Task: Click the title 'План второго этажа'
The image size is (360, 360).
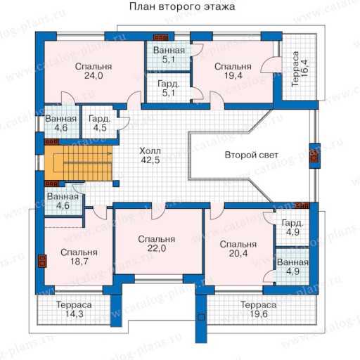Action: click(182, 6)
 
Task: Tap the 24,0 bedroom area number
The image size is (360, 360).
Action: click(94, 76)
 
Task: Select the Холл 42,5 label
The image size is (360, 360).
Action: click(150, 155)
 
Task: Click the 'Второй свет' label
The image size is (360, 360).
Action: click(252, 155)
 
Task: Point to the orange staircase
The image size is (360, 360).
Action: click(78, 163)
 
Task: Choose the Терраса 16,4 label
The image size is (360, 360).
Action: click(300, 69)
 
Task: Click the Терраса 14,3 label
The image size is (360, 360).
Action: click(74, 309)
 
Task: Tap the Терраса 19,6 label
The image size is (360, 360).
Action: click(259, 309)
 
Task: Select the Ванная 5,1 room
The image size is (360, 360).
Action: click(169, 56)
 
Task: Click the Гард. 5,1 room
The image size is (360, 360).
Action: click(169, 88)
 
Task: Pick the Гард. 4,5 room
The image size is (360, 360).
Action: click(99, 122)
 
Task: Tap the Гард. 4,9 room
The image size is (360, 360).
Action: click(292, 227)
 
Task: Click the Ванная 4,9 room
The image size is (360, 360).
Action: click(292, 266)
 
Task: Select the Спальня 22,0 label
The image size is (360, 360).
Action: click(156, 244)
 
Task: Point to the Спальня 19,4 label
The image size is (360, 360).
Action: click(233, 71)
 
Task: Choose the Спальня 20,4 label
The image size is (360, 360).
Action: click(238, 249)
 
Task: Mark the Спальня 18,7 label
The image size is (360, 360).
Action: click(79, 257)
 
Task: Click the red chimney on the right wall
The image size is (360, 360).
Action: click(314, 156)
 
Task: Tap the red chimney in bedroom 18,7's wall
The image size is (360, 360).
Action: click(42, 261)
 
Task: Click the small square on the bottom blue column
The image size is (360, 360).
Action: click(201, 317)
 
